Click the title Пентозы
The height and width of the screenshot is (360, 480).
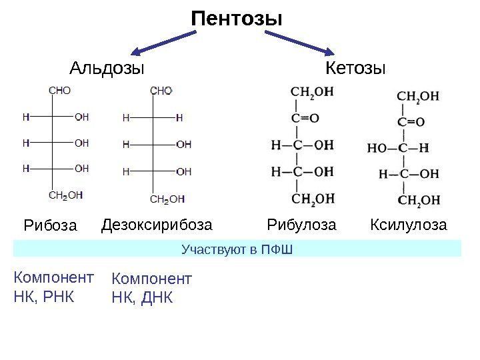pyautogui.click(x=237, y=19)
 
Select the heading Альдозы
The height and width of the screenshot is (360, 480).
pyautogui.click(x=107, y=69)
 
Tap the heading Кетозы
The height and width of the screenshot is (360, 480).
pyautogui.click(x=356, y=69)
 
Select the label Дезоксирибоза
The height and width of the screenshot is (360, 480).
pyautogui.click(x=157, y=225)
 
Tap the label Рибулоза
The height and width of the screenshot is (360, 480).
pyautogui.click(x=301, y=225)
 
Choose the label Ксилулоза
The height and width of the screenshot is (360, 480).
pyautogui.click(x=408, y=225)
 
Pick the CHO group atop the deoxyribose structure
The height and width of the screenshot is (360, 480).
pyautogui.click(x=161, y=90)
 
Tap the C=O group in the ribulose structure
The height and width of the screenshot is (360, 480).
pyautogui.click(x=305, y=119)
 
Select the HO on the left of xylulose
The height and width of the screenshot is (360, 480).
pyautogui.click(x=377, y=148)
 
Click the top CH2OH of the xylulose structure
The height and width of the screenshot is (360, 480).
pyautogui.click(x=418, y=96)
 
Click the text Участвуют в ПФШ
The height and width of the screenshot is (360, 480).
pyautogui.click(x=237, y=249)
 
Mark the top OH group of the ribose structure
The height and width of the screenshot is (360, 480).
pyautogui.click(x=81, y=116)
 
